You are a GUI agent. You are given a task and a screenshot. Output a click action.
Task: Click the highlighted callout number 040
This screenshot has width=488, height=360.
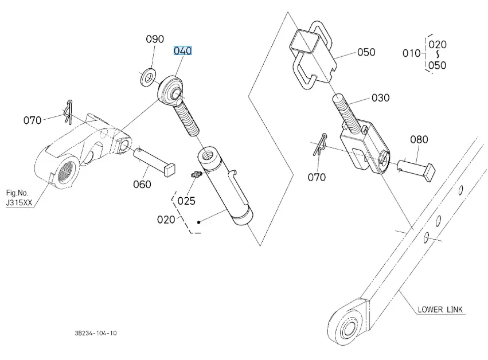(182, 51)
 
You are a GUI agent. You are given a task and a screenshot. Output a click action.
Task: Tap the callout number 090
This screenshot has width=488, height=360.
(155, 40)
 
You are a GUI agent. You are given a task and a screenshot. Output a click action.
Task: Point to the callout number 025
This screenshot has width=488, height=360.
(186, 201)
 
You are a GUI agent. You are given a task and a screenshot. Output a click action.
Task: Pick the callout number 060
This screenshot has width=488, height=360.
(142, 184)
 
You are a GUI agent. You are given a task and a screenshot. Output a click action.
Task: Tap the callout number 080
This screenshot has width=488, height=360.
(419, 139)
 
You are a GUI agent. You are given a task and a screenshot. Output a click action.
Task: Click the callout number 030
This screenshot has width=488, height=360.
(380, 98)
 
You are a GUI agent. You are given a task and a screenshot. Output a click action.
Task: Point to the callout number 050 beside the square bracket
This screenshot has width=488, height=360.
(366, 52)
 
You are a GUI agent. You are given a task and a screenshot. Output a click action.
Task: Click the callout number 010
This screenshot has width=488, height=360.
(411, 53)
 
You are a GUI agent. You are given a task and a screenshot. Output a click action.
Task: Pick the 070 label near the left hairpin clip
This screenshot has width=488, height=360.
(33, 120)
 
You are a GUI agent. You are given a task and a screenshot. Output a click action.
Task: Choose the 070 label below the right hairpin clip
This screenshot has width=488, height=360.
(317, 177)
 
